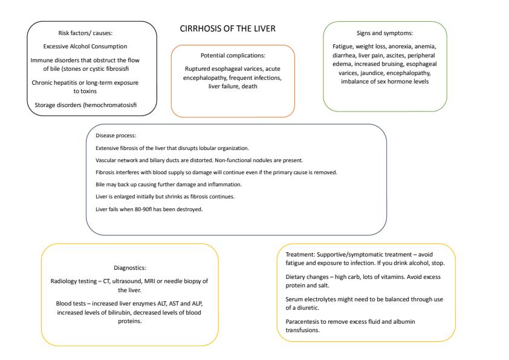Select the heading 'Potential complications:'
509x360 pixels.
pos(233,55)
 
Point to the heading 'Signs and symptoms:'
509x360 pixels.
pos(385,33)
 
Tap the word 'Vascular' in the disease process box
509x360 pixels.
pos(107,160)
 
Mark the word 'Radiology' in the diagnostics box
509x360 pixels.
pos(66,281)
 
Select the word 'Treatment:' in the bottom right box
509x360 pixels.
pos(299,254)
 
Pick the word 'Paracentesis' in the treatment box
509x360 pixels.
pos(303,321)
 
